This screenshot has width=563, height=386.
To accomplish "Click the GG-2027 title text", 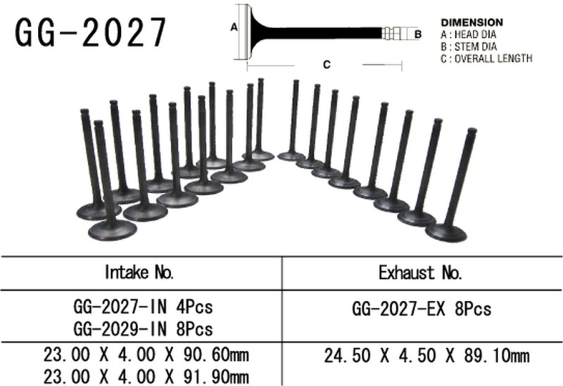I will pyautogui.click(x=91, y=32).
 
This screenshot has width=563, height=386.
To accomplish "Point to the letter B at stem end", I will pyautogui.click(x=417, y=33).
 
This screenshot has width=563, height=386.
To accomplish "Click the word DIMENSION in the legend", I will pyautogui.click(x=472, y=23).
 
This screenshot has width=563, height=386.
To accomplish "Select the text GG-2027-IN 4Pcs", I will pyautogui.click(x=143, y=308).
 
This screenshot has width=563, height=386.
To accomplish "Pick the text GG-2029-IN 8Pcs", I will pyautogui.click(x=143, y=328).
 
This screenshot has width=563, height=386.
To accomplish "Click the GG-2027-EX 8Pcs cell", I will pyautogui.click(x=421, y=309).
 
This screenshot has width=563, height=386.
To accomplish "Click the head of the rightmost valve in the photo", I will pyautogui.click(x=448, y=232).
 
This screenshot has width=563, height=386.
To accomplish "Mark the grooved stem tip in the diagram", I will pyautogui.click(x=393, y=32).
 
